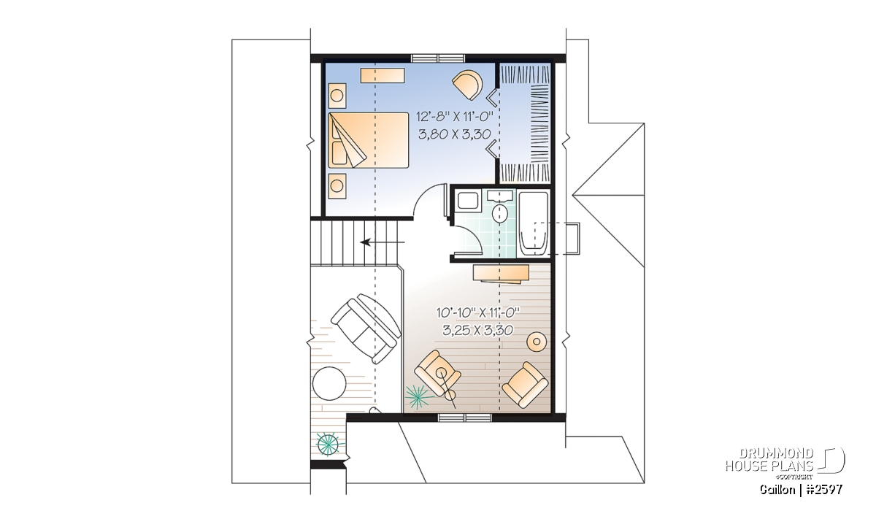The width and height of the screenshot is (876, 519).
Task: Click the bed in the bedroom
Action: [369, 140]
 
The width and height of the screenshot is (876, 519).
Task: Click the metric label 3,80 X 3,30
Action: [454, 134]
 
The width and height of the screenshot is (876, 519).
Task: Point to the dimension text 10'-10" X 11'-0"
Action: [478, 312]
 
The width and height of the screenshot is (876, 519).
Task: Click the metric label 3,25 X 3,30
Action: [478, 331]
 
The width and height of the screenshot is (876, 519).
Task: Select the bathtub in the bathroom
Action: [533, 224]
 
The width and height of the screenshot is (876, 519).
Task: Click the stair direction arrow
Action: [383, 242]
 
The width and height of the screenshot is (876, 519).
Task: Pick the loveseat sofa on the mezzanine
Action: [366, 328]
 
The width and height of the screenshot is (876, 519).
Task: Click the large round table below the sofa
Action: [329, 384]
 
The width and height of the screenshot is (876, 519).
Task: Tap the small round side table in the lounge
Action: [537, 342]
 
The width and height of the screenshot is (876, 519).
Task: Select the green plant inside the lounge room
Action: [419, 396]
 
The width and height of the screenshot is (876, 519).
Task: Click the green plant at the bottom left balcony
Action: [328, 444]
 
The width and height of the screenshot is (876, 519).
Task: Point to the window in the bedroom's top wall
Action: [438, 58]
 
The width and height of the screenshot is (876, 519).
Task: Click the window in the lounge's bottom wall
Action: [464, 418]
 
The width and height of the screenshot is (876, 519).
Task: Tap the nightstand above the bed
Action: [337, 96]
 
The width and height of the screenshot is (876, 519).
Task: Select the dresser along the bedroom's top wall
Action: [383, 75]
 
